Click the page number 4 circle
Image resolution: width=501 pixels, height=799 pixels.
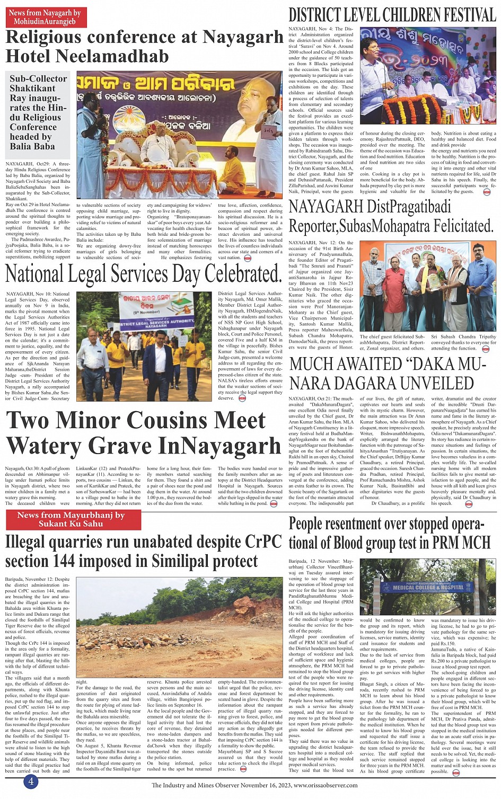(31, 782)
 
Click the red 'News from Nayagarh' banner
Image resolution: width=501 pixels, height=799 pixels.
(45, 17)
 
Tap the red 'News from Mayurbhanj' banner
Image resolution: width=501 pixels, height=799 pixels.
(71, 519)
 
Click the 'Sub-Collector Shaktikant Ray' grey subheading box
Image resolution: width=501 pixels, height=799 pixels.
(38, 112)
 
